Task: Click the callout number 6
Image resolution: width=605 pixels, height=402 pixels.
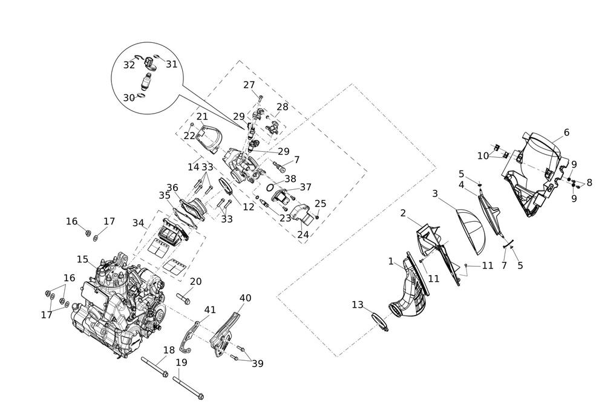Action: click(x=566, y=132)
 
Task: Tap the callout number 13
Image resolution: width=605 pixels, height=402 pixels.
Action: click(x=358, y=305)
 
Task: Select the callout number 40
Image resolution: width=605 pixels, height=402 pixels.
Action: click(x=245, y=298)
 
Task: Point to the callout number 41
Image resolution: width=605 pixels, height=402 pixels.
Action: click(x=210, y=310)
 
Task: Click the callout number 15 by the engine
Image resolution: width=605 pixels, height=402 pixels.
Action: click(x=83, y=259)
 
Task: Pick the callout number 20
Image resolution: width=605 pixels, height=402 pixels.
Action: click(x=195, y=282)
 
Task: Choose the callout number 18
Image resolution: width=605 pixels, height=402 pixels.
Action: click(x=169, y=350)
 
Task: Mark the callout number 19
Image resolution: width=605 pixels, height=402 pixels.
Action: click(x=181, y=363)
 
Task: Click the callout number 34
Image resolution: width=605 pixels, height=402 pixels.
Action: click(x=139, y=224)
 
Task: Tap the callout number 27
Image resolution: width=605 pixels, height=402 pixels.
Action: click(x=249, y=85)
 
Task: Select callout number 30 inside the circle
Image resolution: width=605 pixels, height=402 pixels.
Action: click(x=129, y=98)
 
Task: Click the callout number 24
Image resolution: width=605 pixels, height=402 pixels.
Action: click(x=302, y=233)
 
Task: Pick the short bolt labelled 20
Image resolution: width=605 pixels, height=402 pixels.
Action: click(x=183, y=297)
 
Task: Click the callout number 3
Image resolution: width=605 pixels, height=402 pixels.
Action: click(x=434, y=194)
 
